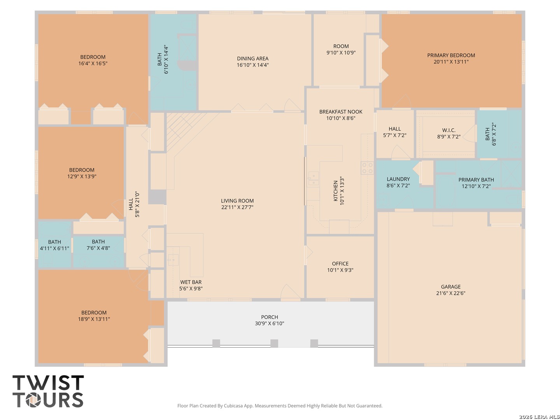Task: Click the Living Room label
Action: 237,201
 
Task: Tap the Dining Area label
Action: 252,58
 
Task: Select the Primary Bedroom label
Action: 451,55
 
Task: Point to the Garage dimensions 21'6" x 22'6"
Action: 451,293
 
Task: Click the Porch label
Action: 269,317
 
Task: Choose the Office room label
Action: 340,263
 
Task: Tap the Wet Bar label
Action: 191,282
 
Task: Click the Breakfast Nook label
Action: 341,112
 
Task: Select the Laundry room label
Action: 398,179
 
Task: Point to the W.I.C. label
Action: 448,130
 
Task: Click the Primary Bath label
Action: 476,180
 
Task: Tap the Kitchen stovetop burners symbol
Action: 367,168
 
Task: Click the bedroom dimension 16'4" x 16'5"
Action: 93,63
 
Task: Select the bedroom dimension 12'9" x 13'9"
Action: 82,176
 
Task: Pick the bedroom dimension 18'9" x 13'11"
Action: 94,319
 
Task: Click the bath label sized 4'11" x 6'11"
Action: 54,245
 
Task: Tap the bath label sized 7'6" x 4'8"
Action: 98,245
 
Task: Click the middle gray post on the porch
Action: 274,343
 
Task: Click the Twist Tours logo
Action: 48,391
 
